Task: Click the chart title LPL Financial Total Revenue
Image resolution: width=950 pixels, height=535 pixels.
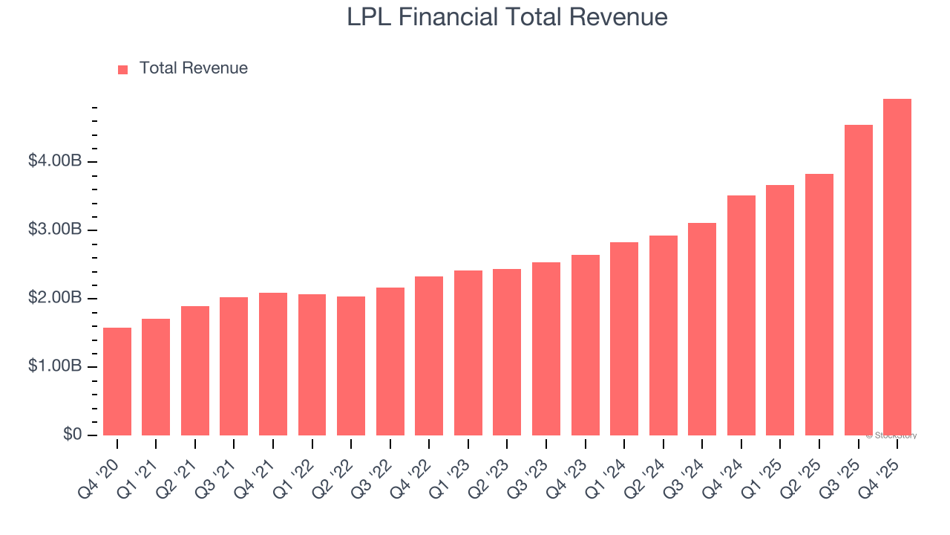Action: coord(507,17)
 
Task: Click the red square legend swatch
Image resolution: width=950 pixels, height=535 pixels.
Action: coord(123,69)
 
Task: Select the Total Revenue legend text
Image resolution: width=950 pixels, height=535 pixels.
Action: coord(193,68)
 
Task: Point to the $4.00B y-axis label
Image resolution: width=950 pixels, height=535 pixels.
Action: coord(55,161)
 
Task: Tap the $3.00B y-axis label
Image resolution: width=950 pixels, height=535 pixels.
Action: coord(55,230)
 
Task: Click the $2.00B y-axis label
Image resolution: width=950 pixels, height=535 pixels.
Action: coord(55,298)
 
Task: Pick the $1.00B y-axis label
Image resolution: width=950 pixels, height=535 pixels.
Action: coord(55,366)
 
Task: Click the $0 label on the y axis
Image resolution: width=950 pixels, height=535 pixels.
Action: coord(71,434)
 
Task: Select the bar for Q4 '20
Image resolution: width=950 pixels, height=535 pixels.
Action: coord(117,381)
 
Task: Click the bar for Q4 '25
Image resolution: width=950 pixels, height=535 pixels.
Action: coord(897,267)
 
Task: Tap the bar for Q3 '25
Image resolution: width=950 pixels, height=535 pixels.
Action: coord(858,280)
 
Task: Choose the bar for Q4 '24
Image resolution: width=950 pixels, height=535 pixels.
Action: coord(741,315)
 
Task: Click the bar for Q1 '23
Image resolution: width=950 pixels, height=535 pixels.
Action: coord(468,353)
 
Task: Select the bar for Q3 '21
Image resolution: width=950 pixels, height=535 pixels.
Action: coord(234,366)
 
